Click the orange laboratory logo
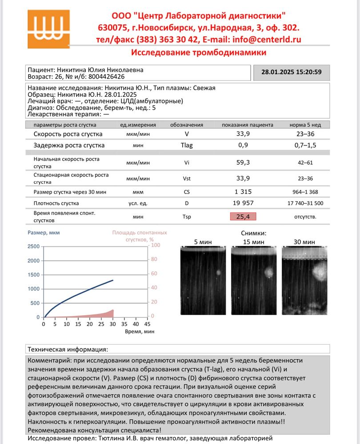(x=48, y=29)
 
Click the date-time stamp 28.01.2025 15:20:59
(x=291, y=72)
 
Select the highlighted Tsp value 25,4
(x=243, y=217)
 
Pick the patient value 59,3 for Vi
(x=243, y=163)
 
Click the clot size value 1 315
(x=243, y=191)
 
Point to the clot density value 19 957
(x=243, y=203)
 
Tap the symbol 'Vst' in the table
(x=187, y=178)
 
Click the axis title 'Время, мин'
(x=140, y=331)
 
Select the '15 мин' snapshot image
(x=254, y=281)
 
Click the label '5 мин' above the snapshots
(x=203, y=242)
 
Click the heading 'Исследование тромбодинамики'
(x=199, y=52)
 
